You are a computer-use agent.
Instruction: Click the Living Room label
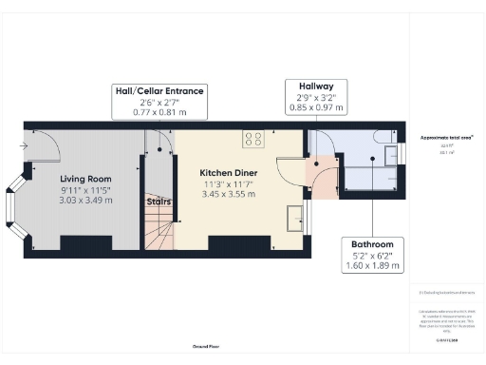click(85, 179)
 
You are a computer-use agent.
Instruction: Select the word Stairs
click(158, 201)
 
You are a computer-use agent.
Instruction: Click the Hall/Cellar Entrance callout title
click(159, 91)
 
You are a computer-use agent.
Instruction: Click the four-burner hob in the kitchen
click(253, 139)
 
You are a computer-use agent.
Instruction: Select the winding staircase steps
click(161, 231)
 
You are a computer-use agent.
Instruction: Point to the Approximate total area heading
click(446, 138)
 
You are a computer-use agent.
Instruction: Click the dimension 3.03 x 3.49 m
click(85, 201)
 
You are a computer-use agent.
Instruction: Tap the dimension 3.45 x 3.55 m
click(228, 194)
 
